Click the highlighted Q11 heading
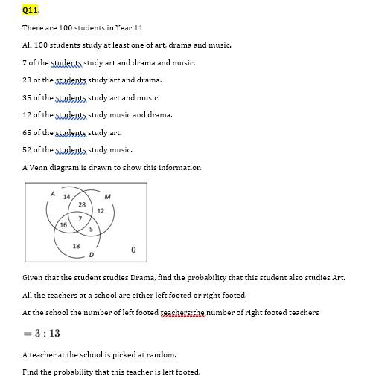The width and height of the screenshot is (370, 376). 31,10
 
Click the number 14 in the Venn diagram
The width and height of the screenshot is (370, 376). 67,197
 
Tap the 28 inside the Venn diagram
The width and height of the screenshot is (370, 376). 82,204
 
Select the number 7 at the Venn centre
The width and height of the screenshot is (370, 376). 80,218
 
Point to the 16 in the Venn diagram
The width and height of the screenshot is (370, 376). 63,224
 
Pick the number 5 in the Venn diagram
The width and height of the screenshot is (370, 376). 91,229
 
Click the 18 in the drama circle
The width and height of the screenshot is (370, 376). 76,246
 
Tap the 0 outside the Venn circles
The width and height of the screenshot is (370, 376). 133,250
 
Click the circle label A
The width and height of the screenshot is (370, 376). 53,194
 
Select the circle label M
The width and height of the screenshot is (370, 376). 108,197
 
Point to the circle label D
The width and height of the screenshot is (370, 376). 91,255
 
